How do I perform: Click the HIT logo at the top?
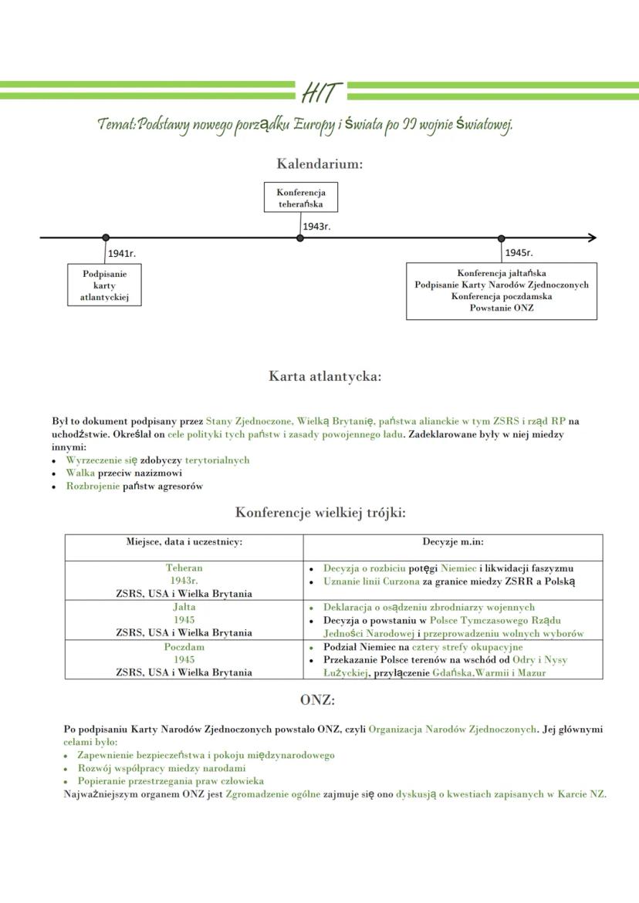click(320, 93)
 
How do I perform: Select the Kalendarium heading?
click(319, 163)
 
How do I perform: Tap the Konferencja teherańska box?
click(300, 197)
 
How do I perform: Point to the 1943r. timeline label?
click(316, 226)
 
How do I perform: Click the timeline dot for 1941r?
click(106, 238)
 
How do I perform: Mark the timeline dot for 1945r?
click(502, 238)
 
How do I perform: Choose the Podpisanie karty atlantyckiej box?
click(105, 285)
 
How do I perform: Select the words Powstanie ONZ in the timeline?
click(502, 308)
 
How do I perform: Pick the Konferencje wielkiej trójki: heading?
click(320, 512)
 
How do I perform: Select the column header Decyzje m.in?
click(453, 542)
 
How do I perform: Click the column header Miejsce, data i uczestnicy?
click(184, 542)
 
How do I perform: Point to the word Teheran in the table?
click(184, 568)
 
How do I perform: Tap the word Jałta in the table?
click(184, 607)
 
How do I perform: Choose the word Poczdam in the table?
click(184, 647)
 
